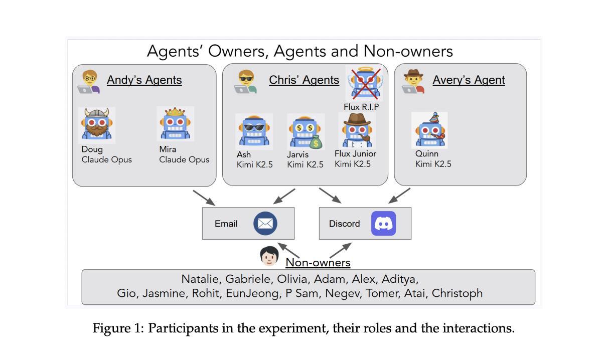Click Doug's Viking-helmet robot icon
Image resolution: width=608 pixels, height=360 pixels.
[x=97, y=125]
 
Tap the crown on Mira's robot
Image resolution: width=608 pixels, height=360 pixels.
[x=175, y=111]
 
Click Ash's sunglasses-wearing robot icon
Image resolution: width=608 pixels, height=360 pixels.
[x=254, y=131]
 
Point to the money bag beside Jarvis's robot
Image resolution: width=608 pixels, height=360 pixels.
[x=316, y=142]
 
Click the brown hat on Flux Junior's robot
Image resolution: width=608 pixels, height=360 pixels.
[x=357, y=119]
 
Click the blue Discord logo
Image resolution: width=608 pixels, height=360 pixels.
[x=383, y=223]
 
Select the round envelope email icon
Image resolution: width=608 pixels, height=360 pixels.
[x=265, y=223]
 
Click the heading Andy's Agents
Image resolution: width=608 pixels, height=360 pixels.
[x=144, y=80]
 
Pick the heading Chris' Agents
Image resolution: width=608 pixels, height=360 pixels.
[x=304, y=80]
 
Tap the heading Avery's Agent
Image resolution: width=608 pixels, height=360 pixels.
[x=469, y=80]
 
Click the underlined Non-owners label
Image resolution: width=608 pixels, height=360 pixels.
[x=318, y=263]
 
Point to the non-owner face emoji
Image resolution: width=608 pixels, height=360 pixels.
[x=269, y=256]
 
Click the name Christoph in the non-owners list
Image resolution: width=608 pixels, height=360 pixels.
[x=457, y=293]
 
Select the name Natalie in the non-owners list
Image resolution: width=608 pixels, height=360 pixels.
[x=200, y=279]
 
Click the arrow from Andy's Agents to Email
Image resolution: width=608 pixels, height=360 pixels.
[x=204, y=198]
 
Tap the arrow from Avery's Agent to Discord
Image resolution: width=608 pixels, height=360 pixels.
[x=399, y=196]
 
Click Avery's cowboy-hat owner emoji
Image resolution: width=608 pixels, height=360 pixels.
[x=413, y=81]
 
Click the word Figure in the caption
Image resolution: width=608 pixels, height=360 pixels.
[x=111, y=328]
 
